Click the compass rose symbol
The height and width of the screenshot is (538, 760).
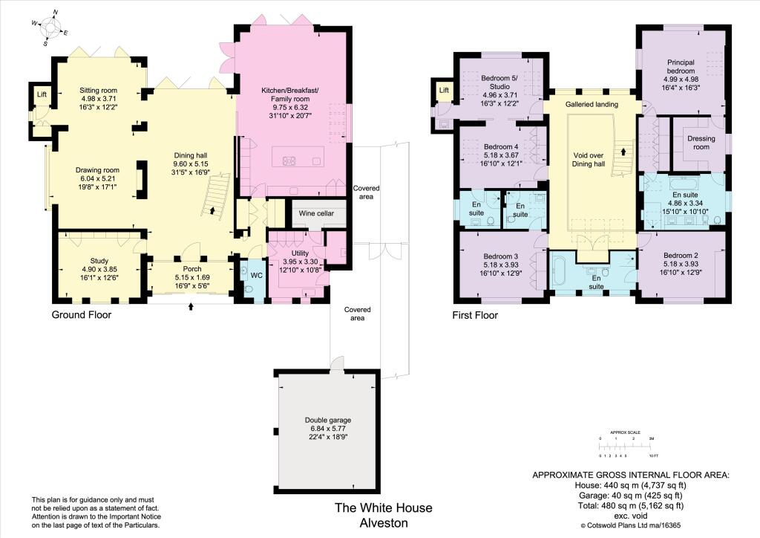pyautogui.click(x=50, y=28)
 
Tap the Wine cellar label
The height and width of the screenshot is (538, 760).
pyautogui.click(x=316, y=213)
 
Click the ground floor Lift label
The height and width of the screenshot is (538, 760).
pyautogui.click(x=41, y=95)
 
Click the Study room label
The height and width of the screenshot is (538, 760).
pyautogui.click(x=99, y=261)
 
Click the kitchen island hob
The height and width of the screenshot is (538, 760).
pyautogui.click(x=289, y=160)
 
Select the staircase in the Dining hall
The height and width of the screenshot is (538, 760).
pyautogui.click(x=217, y=194)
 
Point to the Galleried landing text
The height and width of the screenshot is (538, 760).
pyautogui.click(x=592, y=105)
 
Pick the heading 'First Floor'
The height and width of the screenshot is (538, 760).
pyautogui.click(x=475, y=315)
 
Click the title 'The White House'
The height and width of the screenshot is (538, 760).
pyautogui.click(x=383, y=508)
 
